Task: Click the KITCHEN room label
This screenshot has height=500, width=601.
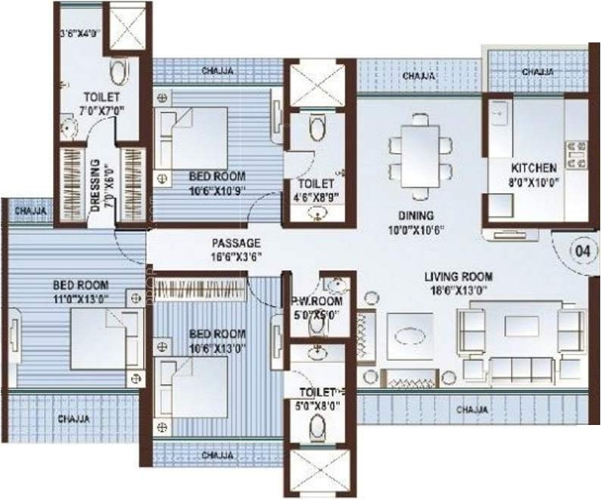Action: (534, 167)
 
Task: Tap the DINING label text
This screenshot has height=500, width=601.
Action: (419, 214)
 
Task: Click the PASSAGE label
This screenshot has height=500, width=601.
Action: (235, 243)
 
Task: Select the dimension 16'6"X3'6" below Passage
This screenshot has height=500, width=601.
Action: (235, 257)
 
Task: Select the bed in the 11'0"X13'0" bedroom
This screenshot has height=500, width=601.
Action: (101, 339)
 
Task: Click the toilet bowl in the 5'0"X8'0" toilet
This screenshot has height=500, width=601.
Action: (317, 429)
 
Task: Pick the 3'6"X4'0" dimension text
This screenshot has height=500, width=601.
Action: (80, 34)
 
